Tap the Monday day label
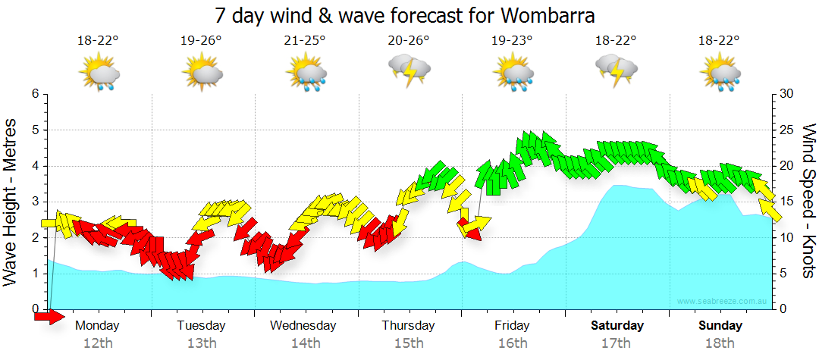tap(98, 326)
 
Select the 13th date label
tap(201, 343)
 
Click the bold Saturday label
tap(617, 326)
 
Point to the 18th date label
tap(720, 343)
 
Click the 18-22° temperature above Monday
tap(98, 41)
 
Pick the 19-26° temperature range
tap(201, 41)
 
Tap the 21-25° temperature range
tap(305, 41)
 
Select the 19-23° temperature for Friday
tap(512, 41)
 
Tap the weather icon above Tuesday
tap(202, 74)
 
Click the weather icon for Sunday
tap(720, 74)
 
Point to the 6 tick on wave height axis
tap(35, 94)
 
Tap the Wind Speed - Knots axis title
tap(808, 201)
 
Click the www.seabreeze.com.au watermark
tap(723, 301)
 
